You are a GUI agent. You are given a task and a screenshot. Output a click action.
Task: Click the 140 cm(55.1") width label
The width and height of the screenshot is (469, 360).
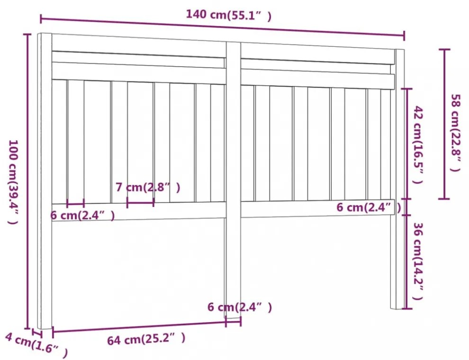point(229,15)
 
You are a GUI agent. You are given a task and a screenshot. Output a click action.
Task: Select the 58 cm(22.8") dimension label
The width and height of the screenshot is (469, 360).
point(455,133)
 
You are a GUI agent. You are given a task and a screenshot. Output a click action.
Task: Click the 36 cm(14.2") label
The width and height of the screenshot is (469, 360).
point(418,261)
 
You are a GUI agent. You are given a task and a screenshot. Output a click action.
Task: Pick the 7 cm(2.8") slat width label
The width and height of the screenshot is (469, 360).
point(148,188)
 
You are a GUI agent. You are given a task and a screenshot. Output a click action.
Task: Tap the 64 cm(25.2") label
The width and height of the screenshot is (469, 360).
point(146,339)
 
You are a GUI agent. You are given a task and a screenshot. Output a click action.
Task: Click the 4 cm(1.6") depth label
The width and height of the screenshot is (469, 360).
point(36,345)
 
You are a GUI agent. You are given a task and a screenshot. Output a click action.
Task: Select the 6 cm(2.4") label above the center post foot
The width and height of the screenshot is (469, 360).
point(240,307)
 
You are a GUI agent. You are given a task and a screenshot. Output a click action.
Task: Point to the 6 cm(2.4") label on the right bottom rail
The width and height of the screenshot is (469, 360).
point(369,207)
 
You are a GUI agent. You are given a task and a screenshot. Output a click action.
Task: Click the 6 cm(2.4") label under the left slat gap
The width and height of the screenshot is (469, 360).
point(82,215)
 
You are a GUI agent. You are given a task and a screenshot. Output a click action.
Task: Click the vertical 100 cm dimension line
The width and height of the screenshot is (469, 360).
point(28,181)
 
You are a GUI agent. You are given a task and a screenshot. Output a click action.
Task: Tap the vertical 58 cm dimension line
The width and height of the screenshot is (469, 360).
point(444,124)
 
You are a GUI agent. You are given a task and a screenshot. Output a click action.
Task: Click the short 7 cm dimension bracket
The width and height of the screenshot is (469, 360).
point(140,202)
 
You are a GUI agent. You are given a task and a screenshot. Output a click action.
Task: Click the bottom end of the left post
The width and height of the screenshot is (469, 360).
point(45,328)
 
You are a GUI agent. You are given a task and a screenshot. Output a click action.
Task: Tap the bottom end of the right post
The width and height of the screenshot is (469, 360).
point(397,308)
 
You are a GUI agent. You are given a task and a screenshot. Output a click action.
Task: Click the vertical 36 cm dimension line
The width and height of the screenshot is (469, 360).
point(406,261)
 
